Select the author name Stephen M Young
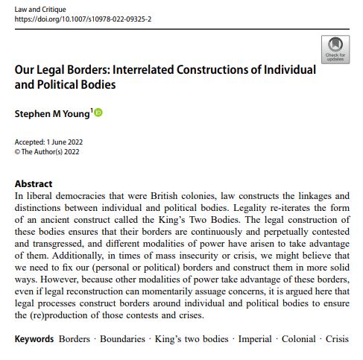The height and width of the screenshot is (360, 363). pos(51,113)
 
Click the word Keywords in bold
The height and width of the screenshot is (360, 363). pos(34,339)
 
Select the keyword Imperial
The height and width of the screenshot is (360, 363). pos(255,339)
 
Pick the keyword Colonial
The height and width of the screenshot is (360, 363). pos(299,339)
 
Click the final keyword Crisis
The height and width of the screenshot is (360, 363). pos(337,339)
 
